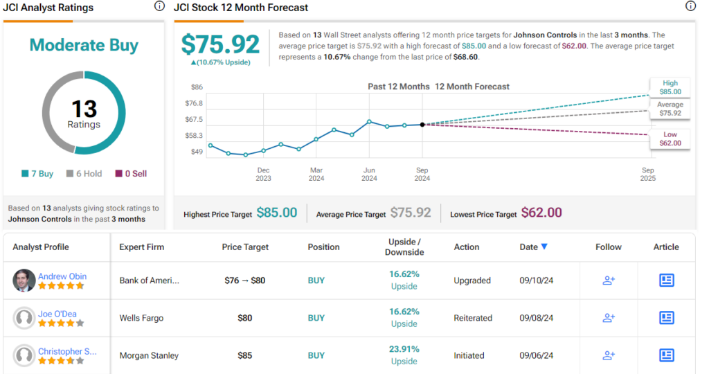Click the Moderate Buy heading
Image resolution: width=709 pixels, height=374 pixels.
84,46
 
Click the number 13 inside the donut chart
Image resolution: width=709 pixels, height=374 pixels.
84,109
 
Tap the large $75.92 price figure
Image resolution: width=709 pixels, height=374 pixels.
220,44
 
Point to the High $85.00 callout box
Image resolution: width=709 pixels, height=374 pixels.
670,87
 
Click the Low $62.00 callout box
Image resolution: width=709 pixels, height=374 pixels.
670,139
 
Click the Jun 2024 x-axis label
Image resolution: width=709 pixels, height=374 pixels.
370,174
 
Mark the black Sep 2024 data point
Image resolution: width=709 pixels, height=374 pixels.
422,125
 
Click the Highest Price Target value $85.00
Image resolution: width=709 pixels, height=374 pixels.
276,213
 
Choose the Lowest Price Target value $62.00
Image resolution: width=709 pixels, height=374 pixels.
541,213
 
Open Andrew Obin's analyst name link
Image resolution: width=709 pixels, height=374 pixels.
62,276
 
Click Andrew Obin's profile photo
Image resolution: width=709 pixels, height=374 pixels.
24,280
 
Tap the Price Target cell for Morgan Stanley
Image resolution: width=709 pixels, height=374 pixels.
245,355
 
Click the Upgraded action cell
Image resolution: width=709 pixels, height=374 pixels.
472,280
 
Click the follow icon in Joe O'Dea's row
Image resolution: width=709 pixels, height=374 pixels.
609,318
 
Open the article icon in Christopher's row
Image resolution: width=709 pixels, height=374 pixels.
666,355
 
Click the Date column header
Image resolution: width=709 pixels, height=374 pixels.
533,247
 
